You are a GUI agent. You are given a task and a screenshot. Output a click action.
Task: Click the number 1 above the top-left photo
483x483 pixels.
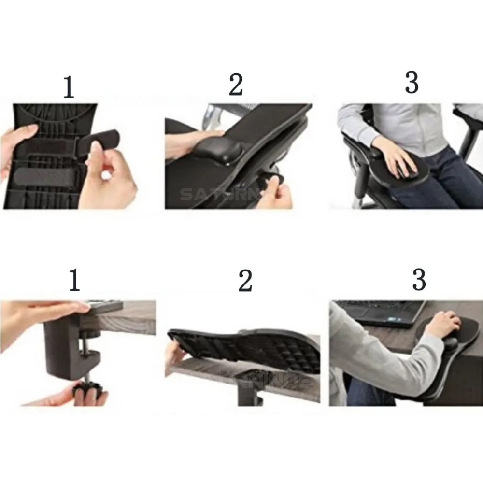(69, 87)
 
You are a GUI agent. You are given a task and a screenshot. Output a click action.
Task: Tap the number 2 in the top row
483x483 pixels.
(236, 85)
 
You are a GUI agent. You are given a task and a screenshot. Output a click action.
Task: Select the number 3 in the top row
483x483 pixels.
(412, 83)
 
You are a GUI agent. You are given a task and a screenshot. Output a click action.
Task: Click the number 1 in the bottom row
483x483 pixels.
(74, 281)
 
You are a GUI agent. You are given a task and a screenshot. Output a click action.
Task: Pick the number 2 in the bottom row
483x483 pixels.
(245, 281)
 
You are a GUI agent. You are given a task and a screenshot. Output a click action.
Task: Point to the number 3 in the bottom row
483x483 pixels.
(419, 279)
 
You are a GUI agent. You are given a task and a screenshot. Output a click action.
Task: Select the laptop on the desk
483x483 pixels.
(382, 313)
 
